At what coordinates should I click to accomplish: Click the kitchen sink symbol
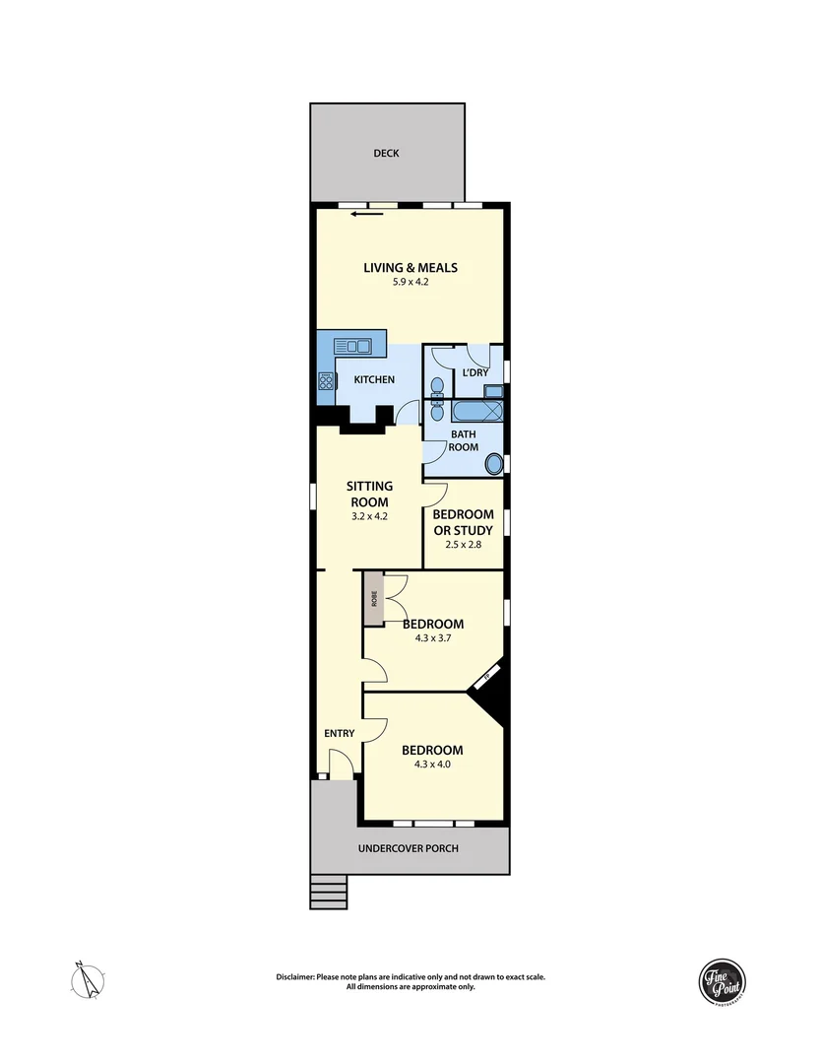[x=351, y=346]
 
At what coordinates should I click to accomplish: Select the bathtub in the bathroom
[x=476, y=411]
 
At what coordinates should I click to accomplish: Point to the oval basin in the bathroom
[x=495, y=463]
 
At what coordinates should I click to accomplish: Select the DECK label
[x=386, y=154]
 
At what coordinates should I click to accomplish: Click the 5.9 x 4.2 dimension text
[x=410, y=283]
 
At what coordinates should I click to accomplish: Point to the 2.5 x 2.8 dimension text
[x=464, y=545]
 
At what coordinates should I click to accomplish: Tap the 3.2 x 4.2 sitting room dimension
[x=369, y=515]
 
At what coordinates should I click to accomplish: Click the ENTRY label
[x=339, y=733]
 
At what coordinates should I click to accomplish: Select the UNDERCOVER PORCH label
[x=409, y=848]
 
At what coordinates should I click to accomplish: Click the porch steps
[x=326, y=893]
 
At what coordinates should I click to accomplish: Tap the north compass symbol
[x=91, y=979]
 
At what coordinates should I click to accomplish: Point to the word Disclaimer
[x=295, y=977]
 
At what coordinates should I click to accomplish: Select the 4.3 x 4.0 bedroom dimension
[x=432, y=765]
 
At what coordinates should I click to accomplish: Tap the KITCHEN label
[x=375, y=379]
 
